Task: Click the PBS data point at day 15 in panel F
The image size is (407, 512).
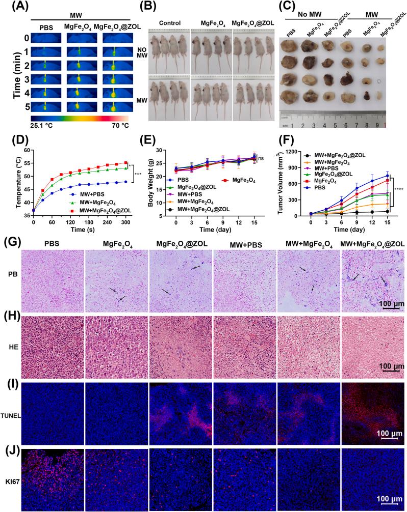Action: pos(387,176)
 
